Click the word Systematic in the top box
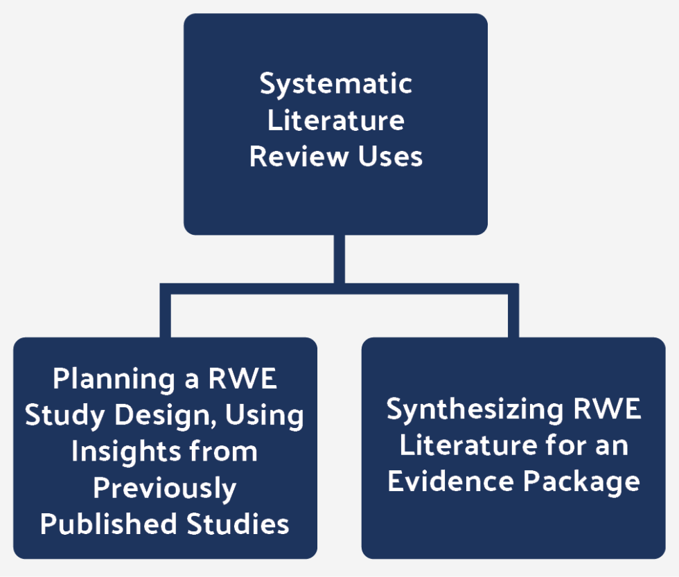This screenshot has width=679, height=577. coord(335,85)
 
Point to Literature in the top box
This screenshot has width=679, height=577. coord(335,121)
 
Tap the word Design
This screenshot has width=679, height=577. coord(157,416)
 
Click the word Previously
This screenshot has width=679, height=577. coord(164,488)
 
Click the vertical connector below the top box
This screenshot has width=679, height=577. coord(339,260)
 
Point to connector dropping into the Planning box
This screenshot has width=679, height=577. coord(166,312)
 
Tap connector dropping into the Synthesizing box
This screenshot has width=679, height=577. coord(513,312)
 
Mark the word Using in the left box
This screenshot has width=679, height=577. coord(266,416)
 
